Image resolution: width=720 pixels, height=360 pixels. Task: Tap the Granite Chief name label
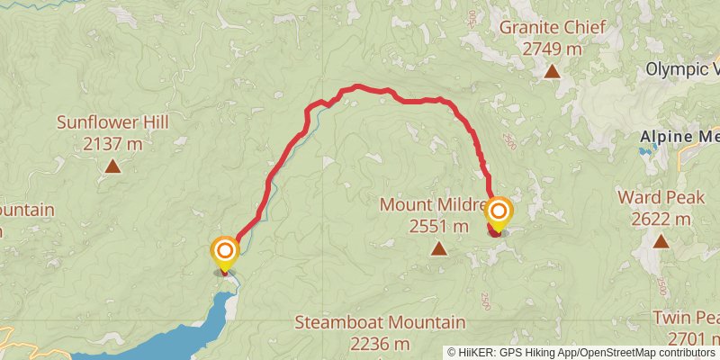click(550, 29)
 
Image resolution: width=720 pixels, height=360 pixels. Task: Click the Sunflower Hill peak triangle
click(112, 166)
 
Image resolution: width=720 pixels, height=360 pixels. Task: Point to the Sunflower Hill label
click(112, 122)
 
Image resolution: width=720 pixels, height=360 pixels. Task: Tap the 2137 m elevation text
click(112, 142)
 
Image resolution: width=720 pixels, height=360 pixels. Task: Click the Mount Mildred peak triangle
click(438, 248)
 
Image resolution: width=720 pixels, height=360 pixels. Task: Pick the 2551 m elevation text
click(438, 226)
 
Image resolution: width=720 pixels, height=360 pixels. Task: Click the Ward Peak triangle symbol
click(661, 240)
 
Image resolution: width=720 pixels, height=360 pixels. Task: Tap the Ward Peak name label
click(661, 197)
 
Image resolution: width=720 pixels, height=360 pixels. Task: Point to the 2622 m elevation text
click(661, 218)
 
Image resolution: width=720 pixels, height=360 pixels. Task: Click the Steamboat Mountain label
click(380, 322)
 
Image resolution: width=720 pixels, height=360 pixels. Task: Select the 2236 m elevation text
click(380, 343)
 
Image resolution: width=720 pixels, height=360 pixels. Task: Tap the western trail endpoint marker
click(224, 251)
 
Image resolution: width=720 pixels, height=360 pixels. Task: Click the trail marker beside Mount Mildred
click(498, 214)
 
